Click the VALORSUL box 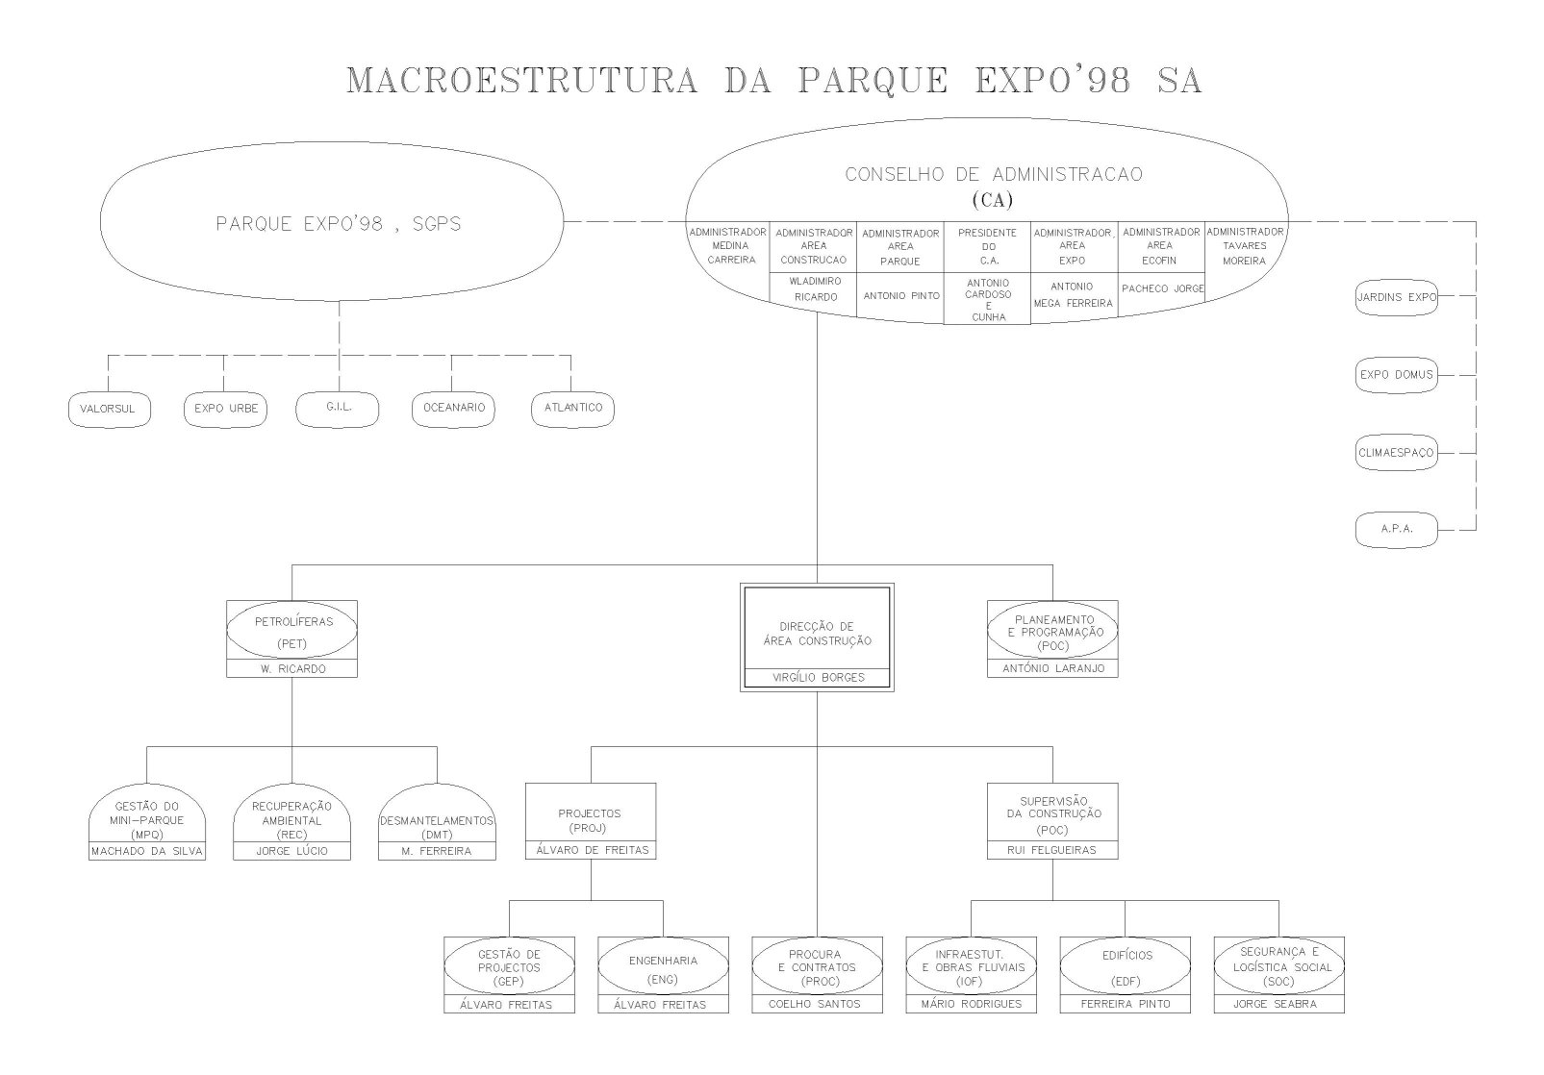click(x=108, y=409)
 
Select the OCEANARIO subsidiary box click(x=454, y=409)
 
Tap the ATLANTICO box click(x=572, y=409)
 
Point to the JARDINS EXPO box click(x=1396, y=297)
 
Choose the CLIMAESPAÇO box click(x=1396, y=452)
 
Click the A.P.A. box click(x=1396, y=529)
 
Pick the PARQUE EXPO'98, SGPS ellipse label click(x=339, y=225)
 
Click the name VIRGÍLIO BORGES click(x=818, y=678)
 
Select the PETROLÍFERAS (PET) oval click(x=291, y=631)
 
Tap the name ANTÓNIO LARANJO click(x=1053, y=668)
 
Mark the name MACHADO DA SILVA click(x=147, y=851)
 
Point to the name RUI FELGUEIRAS click(x=1053, y=850)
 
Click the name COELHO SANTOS click(x=817, y=1004)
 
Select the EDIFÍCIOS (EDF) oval click(x=1125, y=967)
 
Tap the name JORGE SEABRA click(x=1278, y=1004)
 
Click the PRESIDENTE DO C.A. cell click(x=987, y=246)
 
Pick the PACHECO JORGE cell click(x=1162, y=288)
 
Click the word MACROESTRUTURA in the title click(x=521, y=81)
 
